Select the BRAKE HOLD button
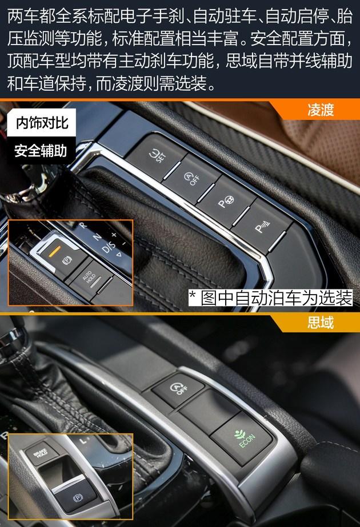pos(41,453)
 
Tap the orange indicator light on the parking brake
pos(54,251)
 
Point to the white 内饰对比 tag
pos(41,123)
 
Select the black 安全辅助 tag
pos(41,151)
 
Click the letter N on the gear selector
pos(97,237)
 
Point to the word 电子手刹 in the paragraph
pos(152,17)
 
